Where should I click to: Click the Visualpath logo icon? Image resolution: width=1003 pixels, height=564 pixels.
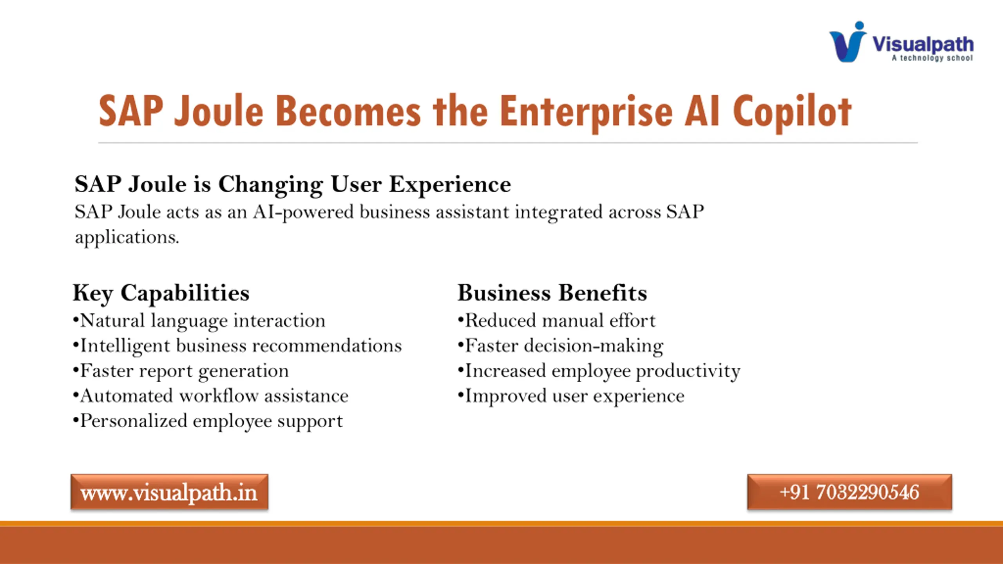847,42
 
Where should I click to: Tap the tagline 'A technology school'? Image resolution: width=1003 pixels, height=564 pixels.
932,58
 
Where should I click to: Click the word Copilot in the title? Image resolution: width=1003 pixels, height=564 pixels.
792,112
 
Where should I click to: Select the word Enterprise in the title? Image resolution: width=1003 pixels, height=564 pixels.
586,112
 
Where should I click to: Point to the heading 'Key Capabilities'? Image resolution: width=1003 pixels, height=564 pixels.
161,293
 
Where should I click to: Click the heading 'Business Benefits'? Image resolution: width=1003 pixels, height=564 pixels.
552,293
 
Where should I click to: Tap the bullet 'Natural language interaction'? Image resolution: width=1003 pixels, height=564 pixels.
199,321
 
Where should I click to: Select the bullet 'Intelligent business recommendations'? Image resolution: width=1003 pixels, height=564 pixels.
237,346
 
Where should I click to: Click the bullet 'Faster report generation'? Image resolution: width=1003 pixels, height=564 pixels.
181,371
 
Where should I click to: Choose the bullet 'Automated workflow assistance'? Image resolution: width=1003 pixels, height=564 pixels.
211,396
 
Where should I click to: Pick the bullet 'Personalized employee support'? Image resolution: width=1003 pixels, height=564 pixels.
208,421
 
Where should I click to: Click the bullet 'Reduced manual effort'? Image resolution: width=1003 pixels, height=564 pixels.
556,321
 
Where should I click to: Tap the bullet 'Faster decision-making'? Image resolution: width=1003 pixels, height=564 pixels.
561,346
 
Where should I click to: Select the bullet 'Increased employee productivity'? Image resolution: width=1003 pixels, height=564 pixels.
599,371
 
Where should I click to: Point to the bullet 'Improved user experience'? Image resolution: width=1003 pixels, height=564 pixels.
571,396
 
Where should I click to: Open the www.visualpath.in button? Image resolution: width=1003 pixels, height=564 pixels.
169,492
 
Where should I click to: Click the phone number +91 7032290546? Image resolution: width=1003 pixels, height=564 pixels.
849,492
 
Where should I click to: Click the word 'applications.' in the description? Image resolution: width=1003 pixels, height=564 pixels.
127,237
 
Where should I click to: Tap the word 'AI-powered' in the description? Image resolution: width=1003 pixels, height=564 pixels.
303,213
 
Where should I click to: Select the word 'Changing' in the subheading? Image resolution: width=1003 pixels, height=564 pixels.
271,185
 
